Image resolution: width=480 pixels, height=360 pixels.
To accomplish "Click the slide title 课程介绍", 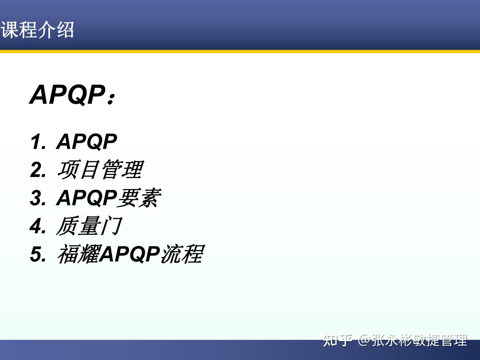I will (x=37, y=30).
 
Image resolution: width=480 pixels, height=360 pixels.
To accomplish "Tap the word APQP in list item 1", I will (x=87, y=142).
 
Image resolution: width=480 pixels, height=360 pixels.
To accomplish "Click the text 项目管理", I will (x=100, y=170).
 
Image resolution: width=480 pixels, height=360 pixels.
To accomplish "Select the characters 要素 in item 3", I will (x=139, y=198).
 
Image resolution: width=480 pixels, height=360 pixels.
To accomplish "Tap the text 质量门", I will (x=89, y=226).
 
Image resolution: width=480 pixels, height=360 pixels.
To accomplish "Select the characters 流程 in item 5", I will (x=182, y=254).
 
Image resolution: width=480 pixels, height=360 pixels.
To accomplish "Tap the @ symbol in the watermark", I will (x=364, y=340).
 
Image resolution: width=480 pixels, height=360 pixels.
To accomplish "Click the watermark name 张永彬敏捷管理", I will (x=420, y=340).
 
